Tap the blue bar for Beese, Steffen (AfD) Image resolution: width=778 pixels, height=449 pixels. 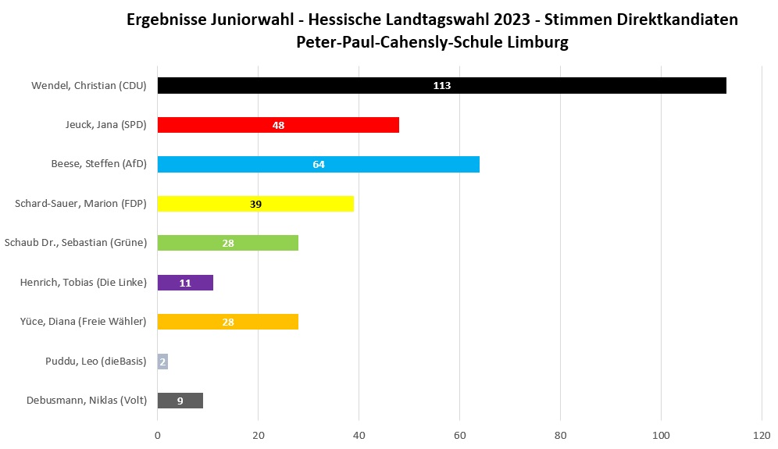pos(391,164)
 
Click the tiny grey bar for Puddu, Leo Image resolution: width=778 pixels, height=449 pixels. pos(162,362)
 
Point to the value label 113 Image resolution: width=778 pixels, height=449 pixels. pos(442,86)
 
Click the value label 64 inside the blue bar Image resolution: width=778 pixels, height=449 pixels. pos(319,165)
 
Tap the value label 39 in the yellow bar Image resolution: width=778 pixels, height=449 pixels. pos(255,204)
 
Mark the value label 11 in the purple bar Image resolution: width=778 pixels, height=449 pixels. pos(185,283)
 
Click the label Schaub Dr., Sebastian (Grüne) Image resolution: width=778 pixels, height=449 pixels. pos(76,243)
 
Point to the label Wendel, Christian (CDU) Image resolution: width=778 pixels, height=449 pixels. pos(89,86)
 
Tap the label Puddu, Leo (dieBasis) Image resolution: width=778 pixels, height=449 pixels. pos(96,362)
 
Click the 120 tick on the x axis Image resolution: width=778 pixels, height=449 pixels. pos(762,435)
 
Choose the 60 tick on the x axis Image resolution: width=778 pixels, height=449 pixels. pos(459,435)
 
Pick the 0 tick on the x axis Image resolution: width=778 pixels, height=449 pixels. pos(158,435)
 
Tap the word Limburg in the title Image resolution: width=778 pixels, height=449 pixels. pos(539,43)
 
